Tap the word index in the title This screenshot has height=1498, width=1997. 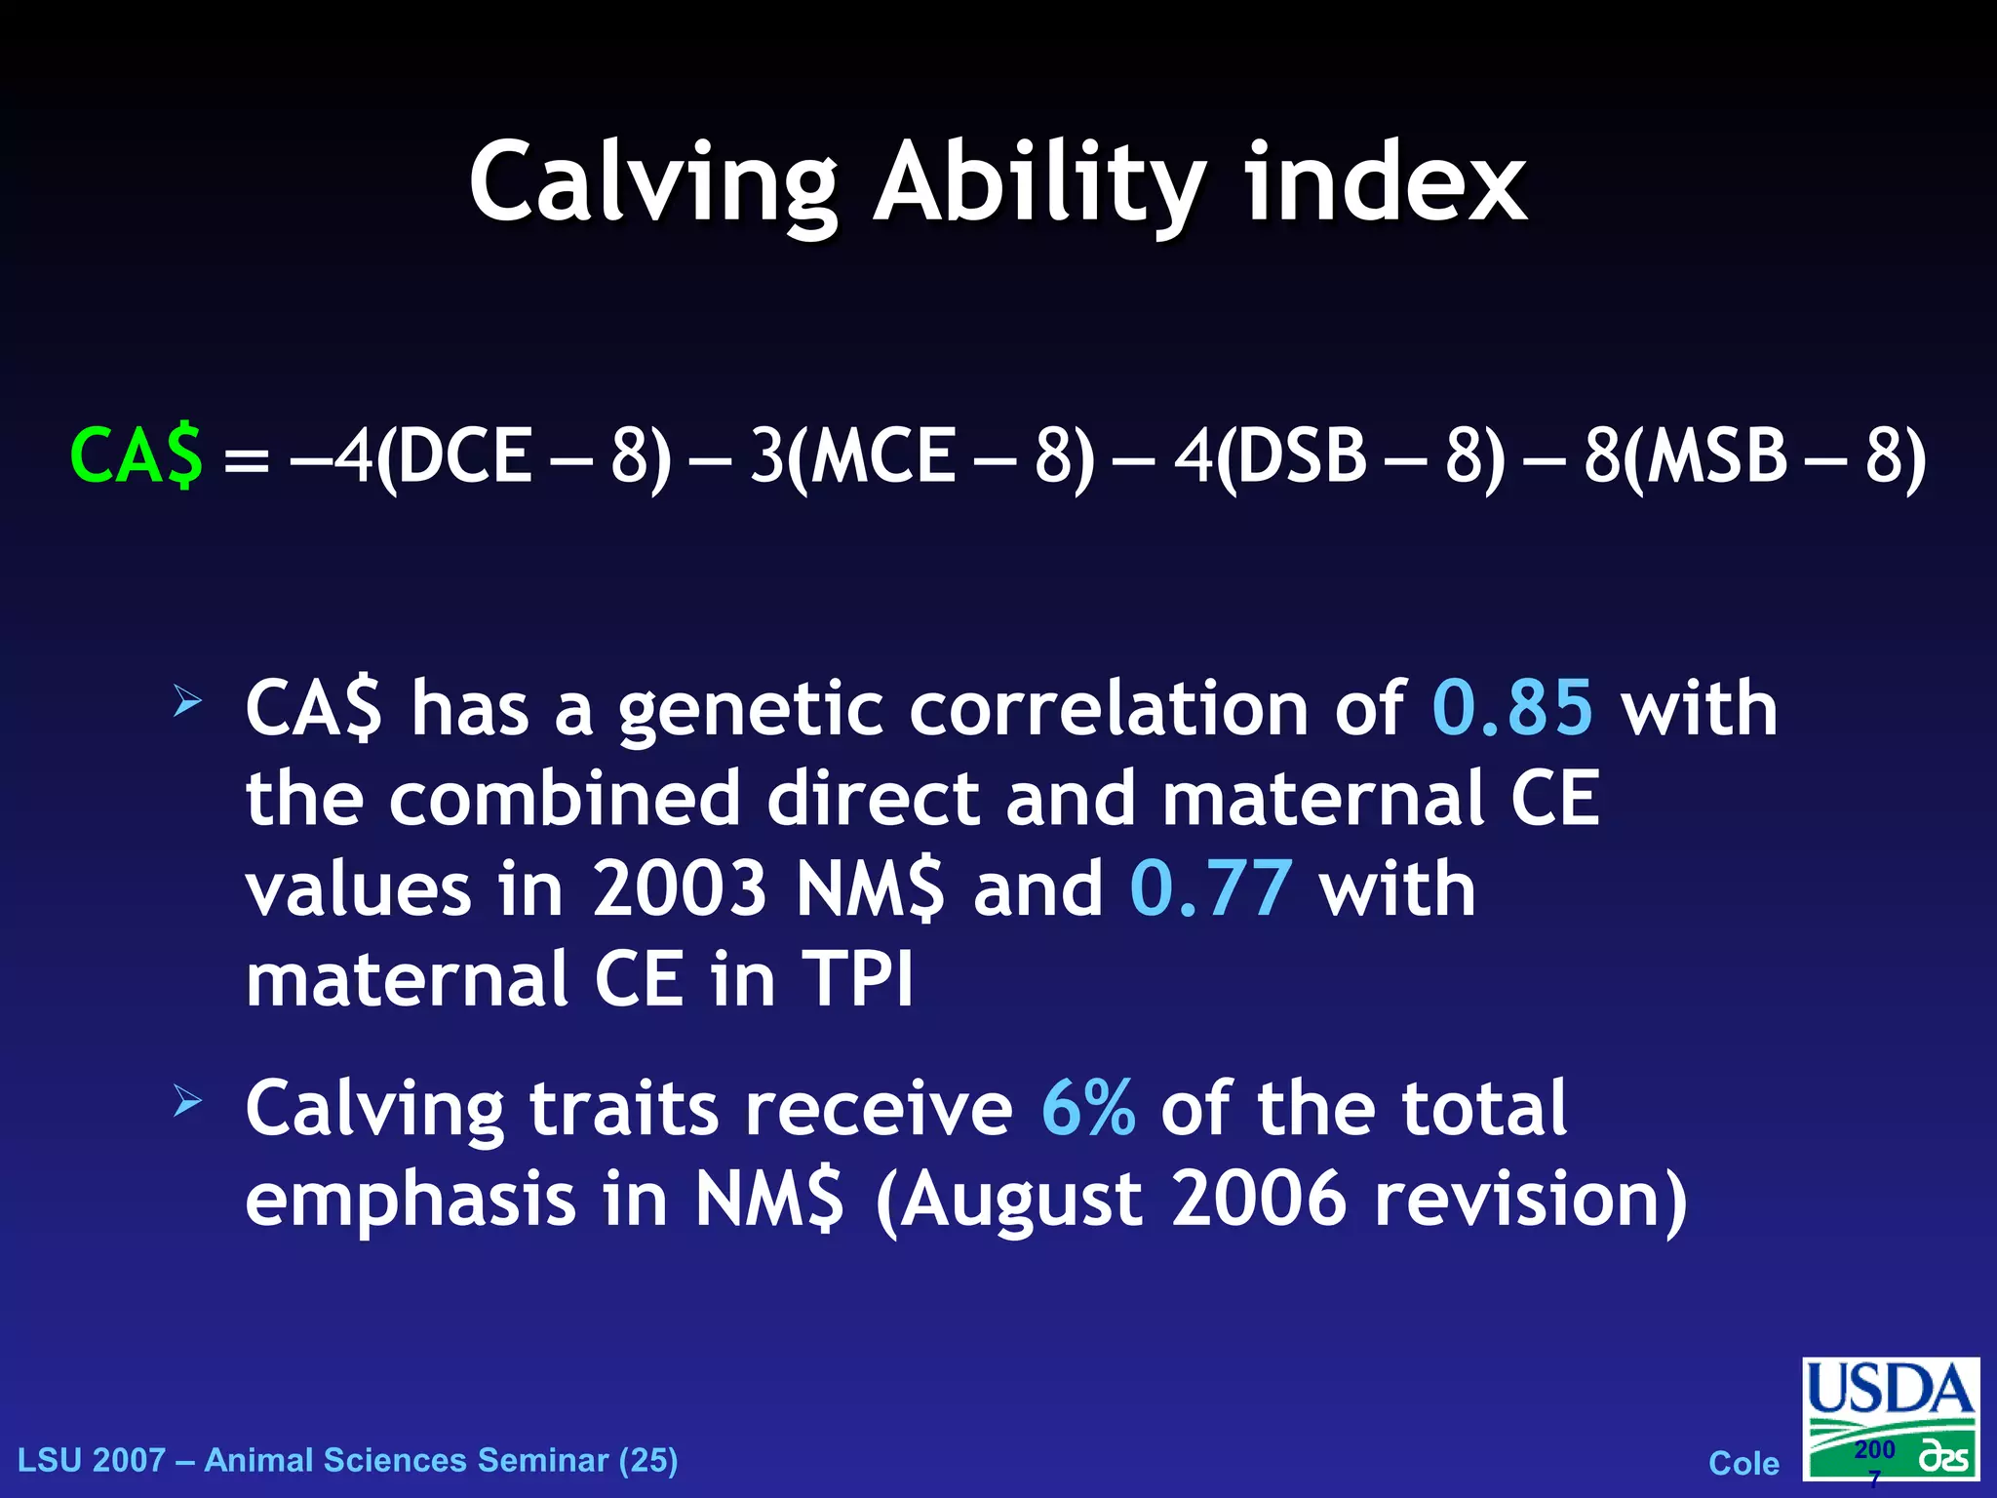click(1385, 183)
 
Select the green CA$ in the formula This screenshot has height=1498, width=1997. click(137, 455)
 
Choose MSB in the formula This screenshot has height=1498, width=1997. click(1715, 455)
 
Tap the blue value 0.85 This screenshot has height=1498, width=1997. click(1512, 707)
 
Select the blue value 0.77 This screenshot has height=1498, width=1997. click(1211, 888)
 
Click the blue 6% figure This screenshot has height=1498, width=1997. click(1088, 1108)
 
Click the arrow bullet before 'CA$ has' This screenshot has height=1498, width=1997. click(187, 701)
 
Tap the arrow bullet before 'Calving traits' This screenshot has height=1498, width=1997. click(187, 1102)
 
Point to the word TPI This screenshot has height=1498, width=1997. click(858, 979)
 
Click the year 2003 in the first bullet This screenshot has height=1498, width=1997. click(680, 888)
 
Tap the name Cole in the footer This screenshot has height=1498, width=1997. click(1743, 1463)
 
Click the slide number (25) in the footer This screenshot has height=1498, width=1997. click(647, 1460)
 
